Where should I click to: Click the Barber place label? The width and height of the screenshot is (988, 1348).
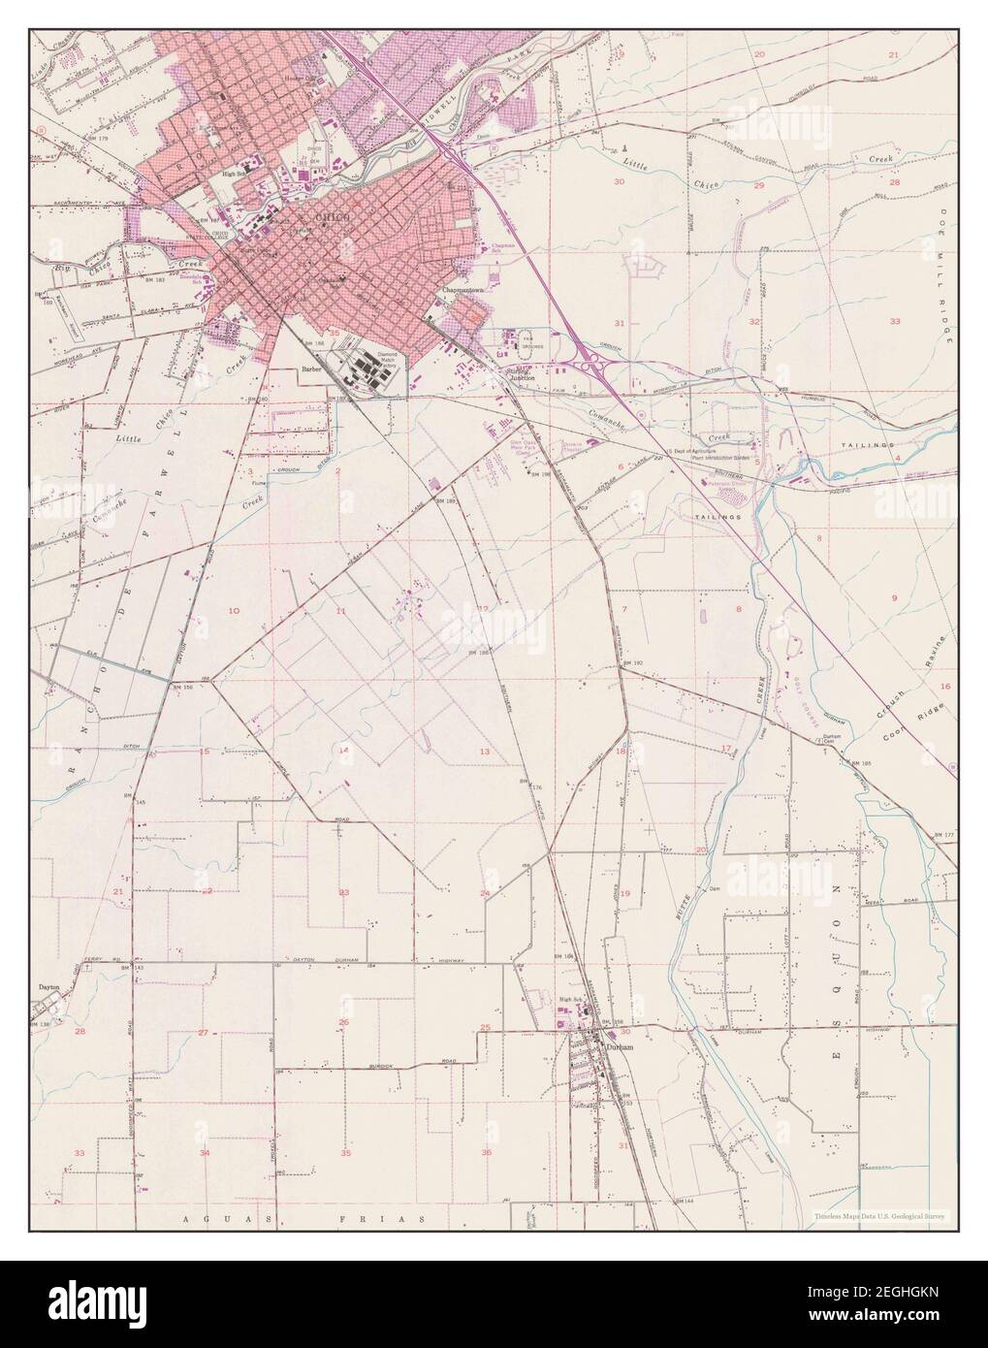click(311, 369)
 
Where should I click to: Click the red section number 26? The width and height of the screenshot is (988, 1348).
click(343, 1022)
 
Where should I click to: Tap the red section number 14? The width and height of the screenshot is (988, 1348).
click(343, 751)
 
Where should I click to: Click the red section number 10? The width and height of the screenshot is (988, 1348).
click(233, 611)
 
